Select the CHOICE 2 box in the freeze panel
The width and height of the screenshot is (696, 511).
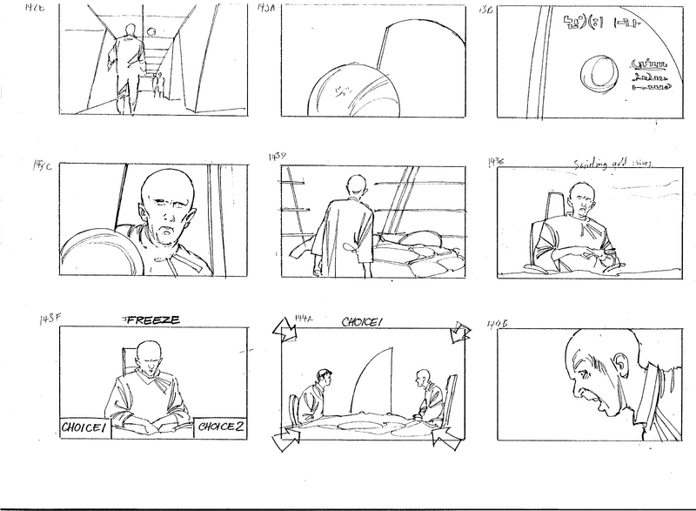[221, 427]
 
